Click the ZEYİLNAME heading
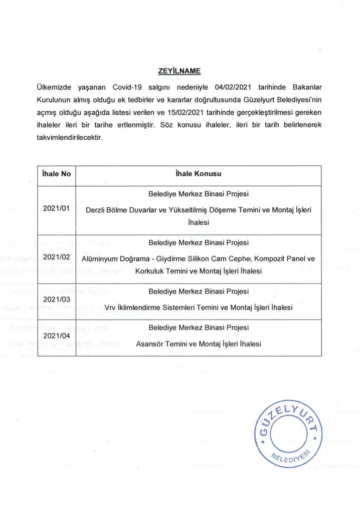click(179, 71)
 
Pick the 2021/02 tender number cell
click(56, 257)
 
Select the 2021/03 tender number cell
click(56, 299)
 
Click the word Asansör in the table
click(152, 344)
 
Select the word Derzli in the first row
click(97, 210)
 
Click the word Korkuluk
click(150, 271)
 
